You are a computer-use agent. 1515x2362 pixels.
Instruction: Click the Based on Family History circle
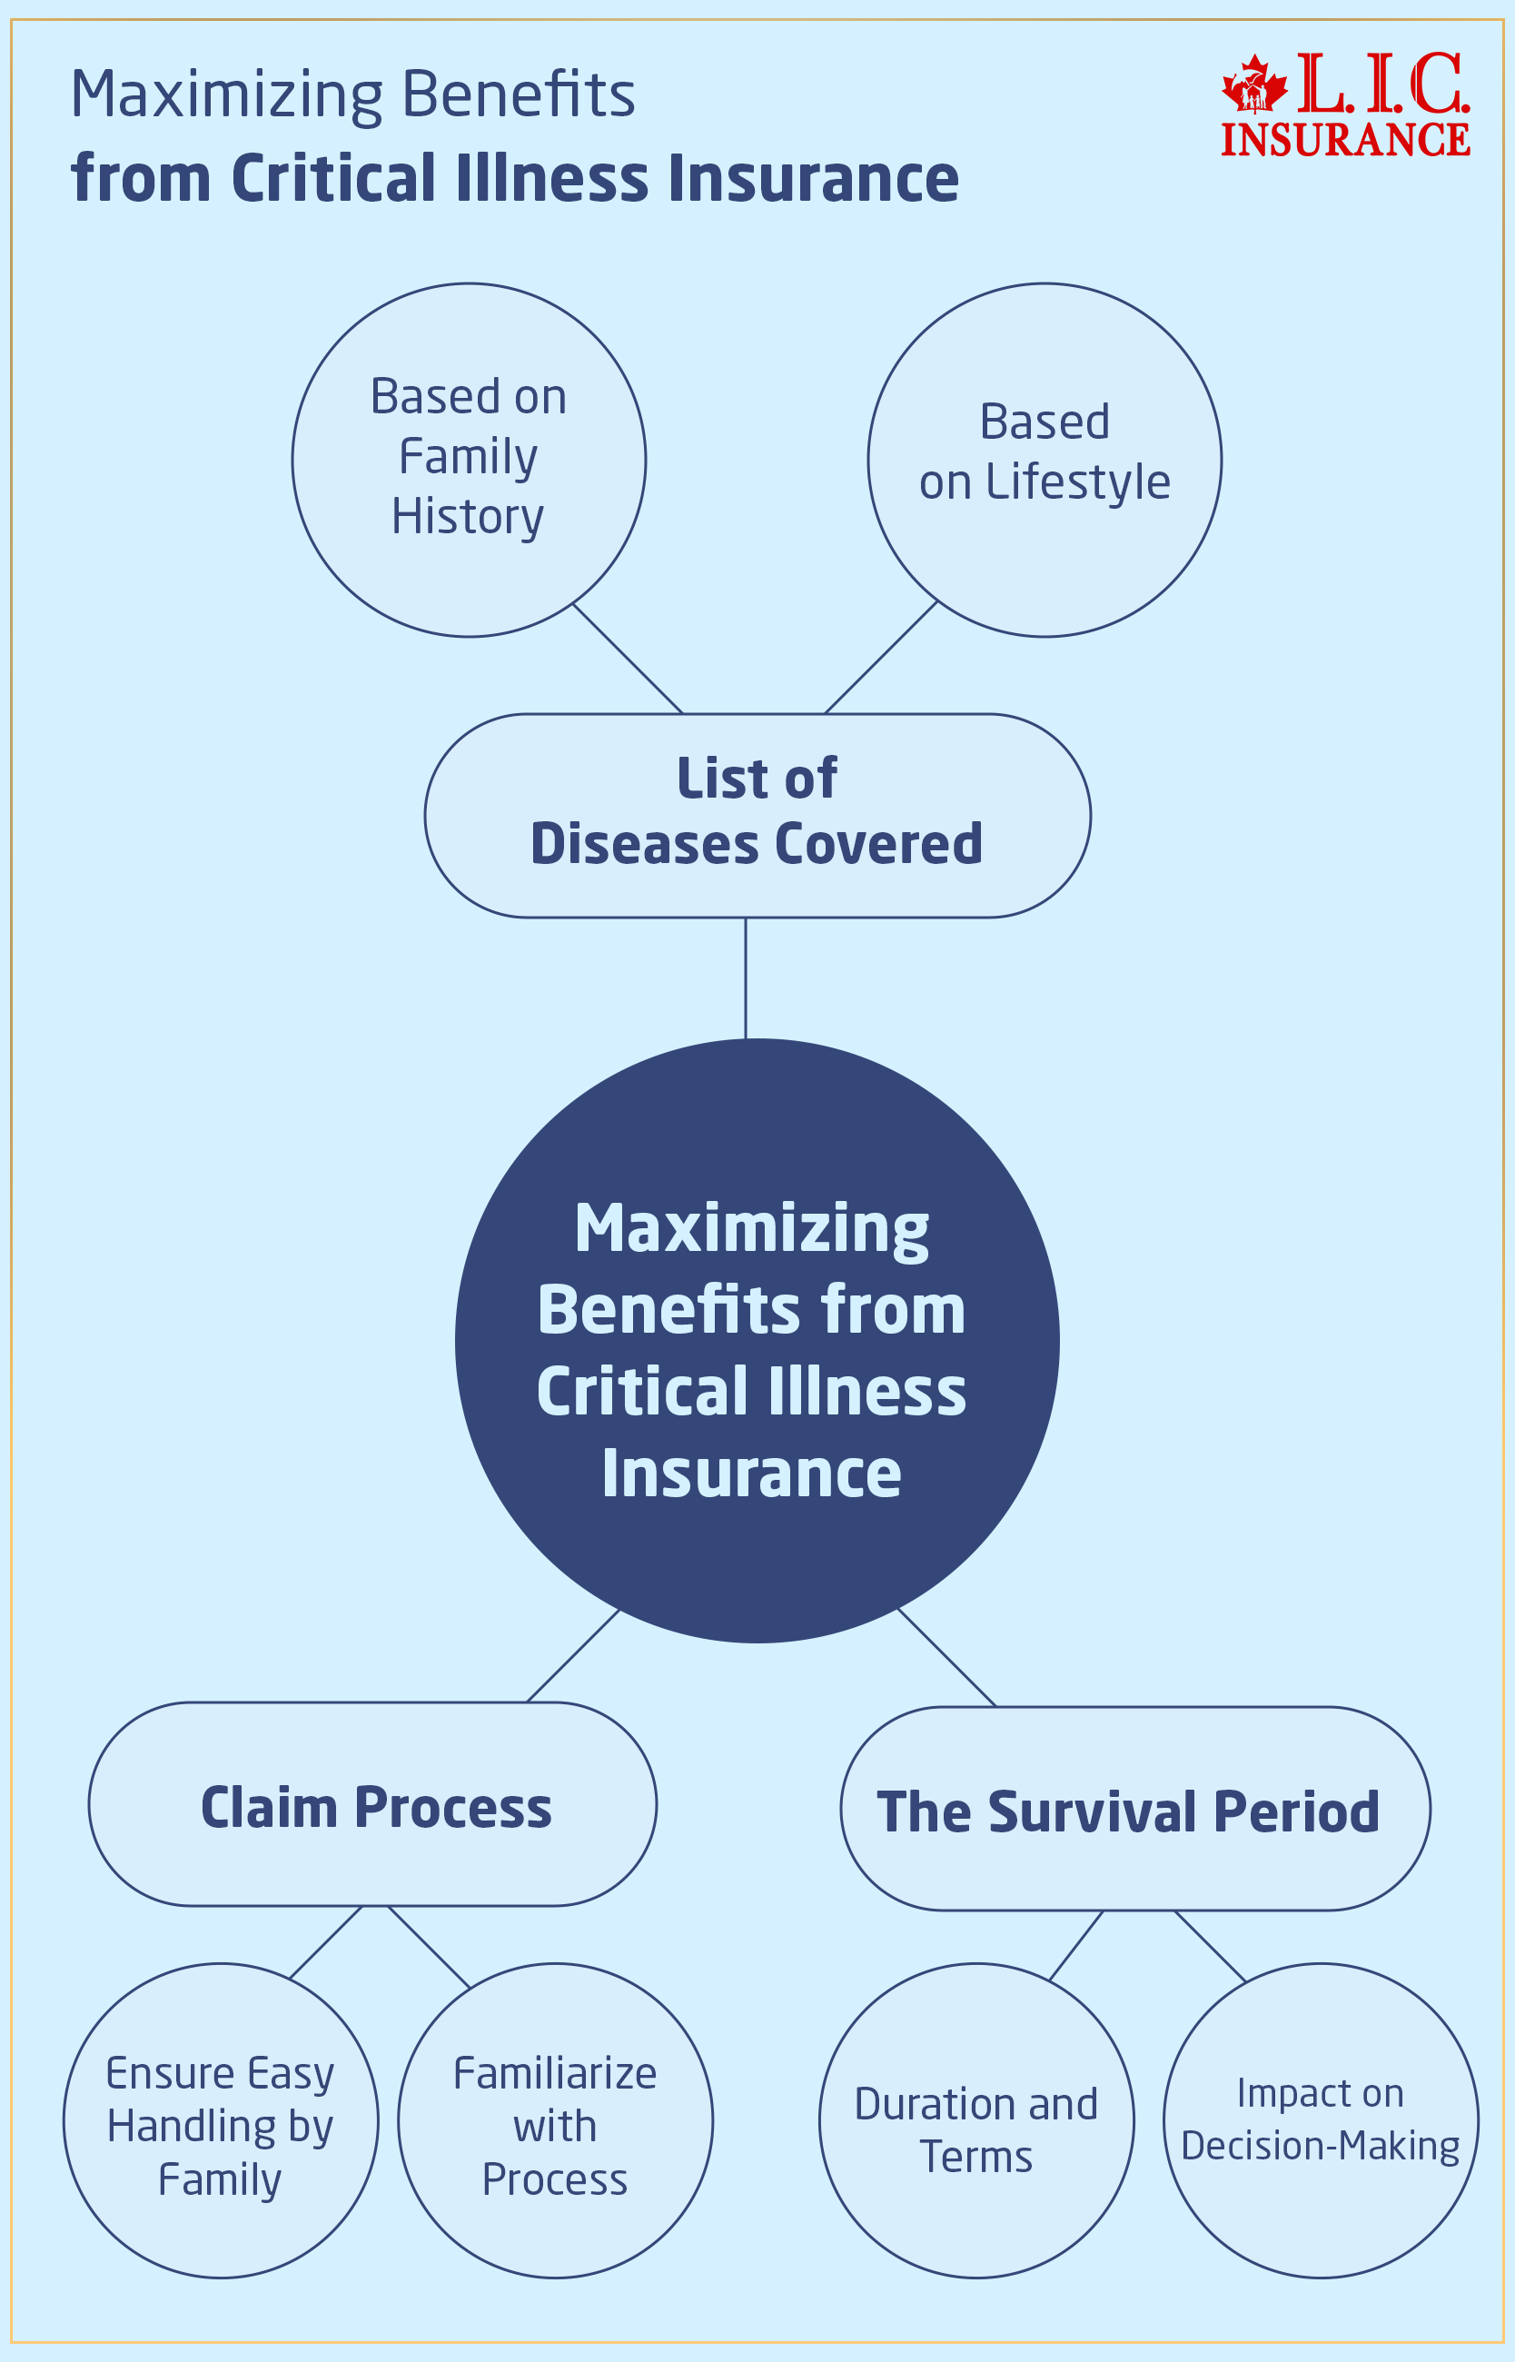(469, 460)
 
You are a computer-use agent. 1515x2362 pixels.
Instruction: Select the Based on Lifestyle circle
(1044, 460)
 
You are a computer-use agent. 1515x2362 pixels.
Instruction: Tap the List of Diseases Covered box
(757, 815)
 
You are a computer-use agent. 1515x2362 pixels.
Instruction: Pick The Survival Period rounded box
(1134, 1808)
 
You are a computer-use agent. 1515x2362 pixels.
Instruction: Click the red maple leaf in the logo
(1253, 85)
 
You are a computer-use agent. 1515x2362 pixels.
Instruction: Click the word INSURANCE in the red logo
(1345, 140)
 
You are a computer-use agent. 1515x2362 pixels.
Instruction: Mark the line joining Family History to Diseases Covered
(628, 658)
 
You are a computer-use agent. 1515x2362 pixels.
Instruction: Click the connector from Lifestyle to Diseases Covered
(880, 656)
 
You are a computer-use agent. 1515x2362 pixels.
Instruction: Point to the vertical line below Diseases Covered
(745, 977)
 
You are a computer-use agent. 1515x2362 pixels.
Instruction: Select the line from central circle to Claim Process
(572, 1654)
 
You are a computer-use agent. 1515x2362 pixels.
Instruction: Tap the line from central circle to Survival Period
(946, 1657)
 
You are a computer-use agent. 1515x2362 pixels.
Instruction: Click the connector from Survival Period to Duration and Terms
(1075, 1945)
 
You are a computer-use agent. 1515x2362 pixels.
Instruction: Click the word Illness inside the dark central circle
(866, 1392)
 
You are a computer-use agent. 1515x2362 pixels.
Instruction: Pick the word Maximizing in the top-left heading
(226, 96)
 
